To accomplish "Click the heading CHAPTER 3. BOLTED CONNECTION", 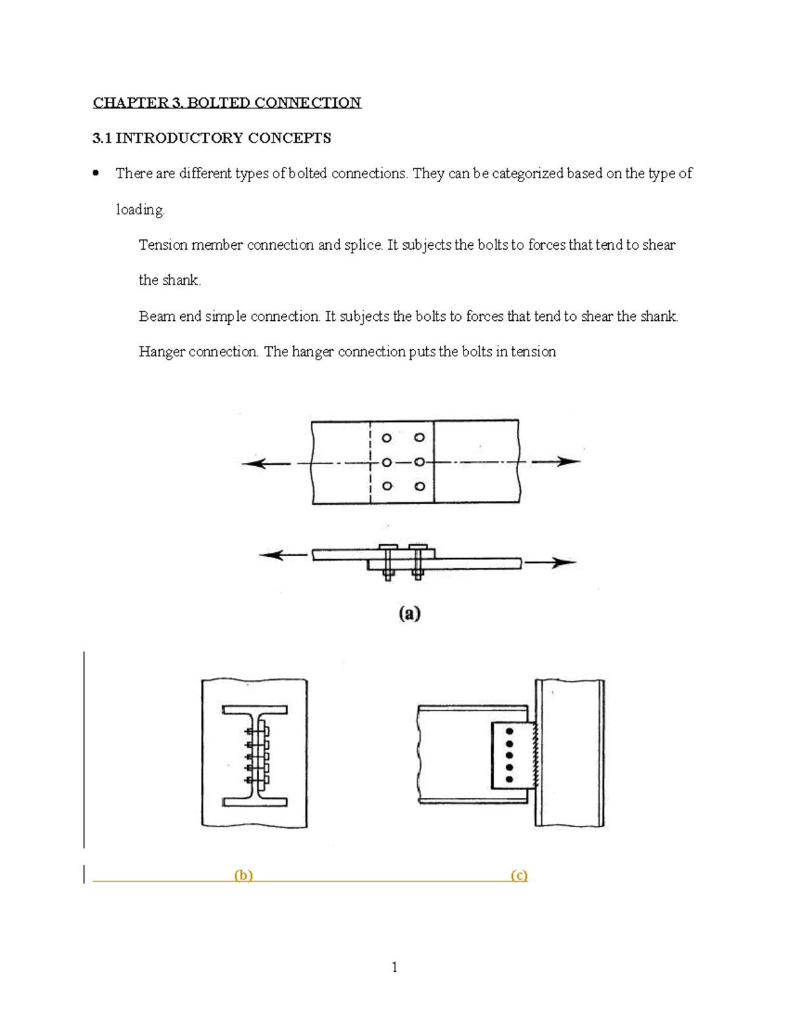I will click(x=227, y=103).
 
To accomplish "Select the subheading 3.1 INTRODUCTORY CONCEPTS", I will click(x=211, y=138).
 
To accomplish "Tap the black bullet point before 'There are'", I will click(x=96, y=174).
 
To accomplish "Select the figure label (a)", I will click(x=409, y=613).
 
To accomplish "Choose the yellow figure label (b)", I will click(x=243, y=875).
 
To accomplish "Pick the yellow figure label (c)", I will click(x=519, y=875).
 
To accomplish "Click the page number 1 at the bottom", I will click(x=394, y=966).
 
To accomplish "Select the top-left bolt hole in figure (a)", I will click(x=387, y=438).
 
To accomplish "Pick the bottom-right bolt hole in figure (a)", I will click(x=419, y=487).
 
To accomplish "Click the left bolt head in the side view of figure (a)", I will click(x=388, y=547).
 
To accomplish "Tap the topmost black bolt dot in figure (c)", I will click(x=510, y=731).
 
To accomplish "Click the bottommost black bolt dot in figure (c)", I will click(x=510, y=779).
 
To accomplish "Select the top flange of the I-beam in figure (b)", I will click(x=254, y=710).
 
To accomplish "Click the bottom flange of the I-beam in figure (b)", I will click(x=254, y=801).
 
